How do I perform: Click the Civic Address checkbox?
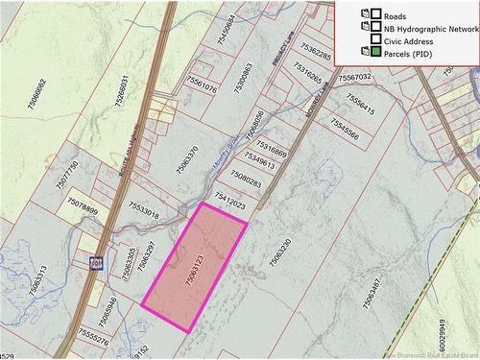point(376,39)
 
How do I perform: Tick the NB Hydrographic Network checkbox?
point(376,28)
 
